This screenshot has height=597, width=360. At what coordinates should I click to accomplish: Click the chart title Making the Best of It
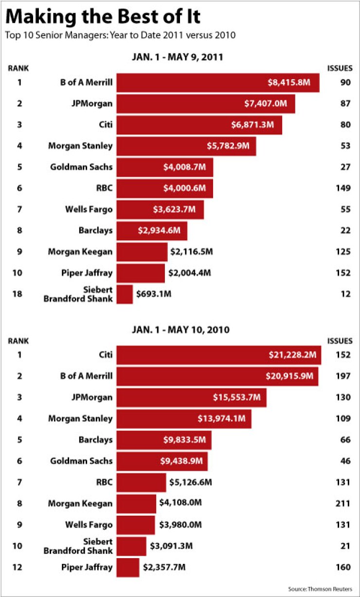tap(104, 17)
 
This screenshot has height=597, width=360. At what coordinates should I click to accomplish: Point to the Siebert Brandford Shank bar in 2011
tap(125, 295)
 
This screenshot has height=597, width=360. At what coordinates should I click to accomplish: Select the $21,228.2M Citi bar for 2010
tap(218, 355)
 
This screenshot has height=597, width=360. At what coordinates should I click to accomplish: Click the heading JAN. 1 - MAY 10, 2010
tap(180, 330)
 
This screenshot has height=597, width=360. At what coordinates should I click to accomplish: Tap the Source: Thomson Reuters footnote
tap(320, 589)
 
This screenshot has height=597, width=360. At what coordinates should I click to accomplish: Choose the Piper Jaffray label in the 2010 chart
tap(87, 567)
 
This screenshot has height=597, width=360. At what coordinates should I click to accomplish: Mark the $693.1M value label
tap(154, 294)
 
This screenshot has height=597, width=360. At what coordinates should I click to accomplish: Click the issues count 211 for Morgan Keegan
tap(343, 503)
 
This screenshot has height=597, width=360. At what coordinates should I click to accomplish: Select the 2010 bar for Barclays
tap(164, 440)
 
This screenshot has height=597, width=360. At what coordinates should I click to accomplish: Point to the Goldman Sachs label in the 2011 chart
tap(81, 167)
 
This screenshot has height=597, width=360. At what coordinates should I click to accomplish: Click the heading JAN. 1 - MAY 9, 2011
tap(177, 57)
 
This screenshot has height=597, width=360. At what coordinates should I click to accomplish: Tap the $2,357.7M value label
tap(164, 567)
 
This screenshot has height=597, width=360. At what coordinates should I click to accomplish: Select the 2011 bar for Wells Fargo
tap(160, 210)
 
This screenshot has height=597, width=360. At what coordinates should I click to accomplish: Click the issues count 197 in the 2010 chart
tap(343, 376)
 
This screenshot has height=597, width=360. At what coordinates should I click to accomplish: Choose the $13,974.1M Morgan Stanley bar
tap(184, 419)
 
